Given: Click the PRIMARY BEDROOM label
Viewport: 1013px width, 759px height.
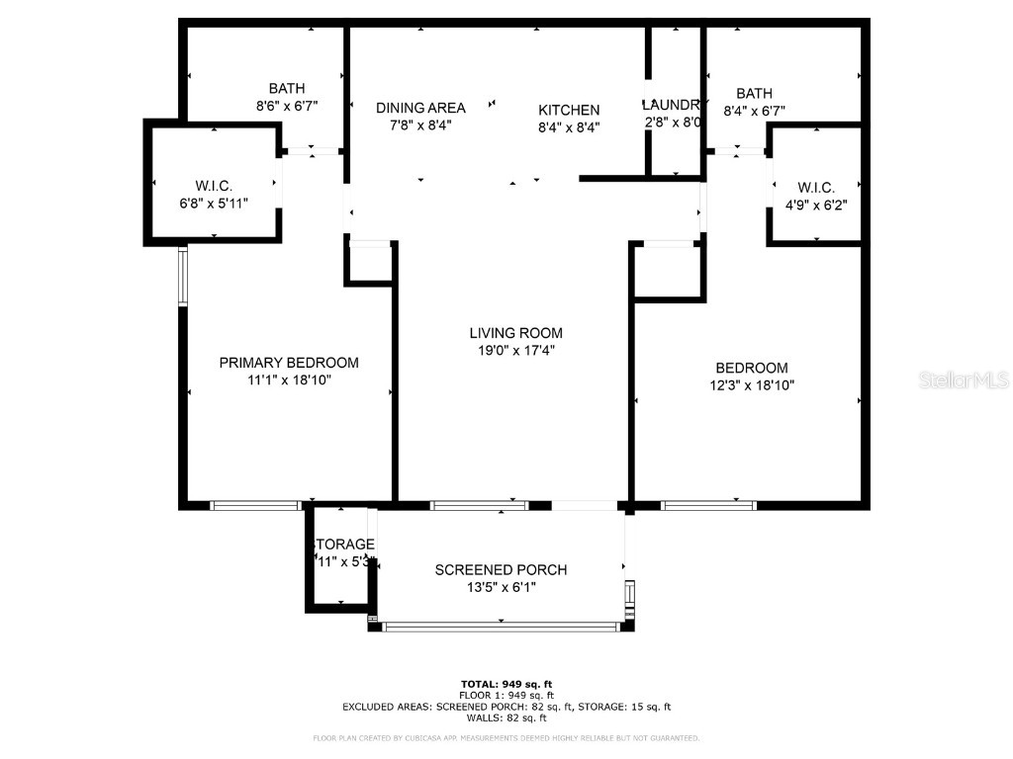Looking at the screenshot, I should [288, 363].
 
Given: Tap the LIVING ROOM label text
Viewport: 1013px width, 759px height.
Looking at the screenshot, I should [515, 333].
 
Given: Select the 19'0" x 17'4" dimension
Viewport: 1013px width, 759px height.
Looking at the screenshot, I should [515, 350].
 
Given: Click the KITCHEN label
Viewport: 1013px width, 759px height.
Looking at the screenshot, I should [569, 110].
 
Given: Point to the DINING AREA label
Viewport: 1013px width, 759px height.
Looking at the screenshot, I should [420, 108].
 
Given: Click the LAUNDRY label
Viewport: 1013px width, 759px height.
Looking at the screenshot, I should [673, 105].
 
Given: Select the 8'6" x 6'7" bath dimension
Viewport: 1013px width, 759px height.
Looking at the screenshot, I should [286, 105].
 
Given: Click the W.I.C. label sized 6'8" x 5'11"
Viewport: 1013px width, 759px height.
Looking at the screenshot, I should [214, 185].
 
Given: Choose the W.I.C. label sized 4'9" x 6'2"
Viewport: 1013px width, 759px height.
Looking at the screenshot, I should [815, 188].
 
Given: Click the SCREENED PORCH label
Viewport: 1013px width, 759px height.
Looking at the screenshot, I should [502, 570].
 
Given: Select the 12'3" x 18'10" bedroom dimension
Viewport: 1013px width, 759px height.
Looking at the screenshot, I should [752, 384].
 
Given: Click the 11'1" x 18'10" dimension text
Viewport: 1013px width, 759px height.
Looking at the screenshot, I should [288, 379].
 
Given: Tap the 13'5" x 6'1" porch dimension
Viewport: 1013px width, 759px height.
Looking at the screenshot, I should [502, 587].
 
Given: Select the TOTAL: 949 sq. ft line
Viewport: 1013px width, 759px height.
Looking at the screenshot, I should [506, 684].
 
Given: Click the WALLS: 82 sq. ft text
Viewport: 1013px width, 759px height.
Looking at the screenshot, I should [506, 718].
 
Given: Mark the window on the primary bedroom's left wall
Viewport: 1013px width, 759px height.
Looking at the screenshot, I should [182, 276].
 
